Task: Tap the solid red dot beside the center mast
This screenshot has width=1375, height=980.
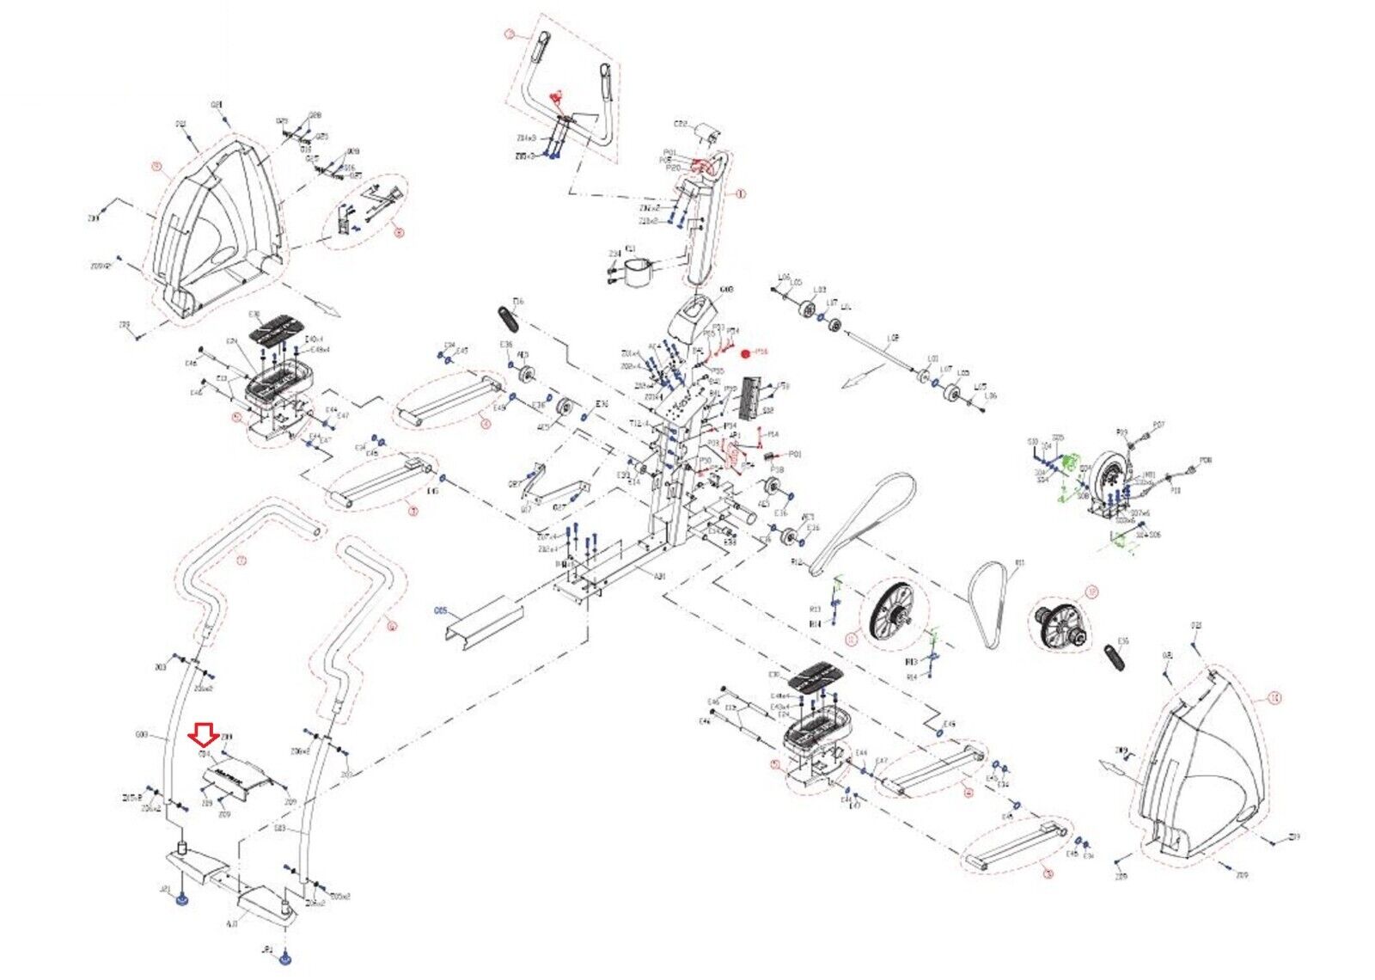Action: point(745,352)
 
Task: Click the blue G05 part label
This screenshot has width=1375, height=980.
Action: point(442,611)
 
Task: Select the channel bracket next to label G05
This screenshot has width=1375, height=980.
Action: point(484,620)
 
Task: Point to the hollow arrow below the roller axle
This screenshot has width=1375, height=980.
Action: point(863,376)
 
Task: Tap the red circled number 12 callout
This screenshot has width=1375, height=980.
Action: point(1092,591)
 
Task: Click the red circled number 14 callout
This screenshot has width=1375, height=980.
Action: point(1274,700)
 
